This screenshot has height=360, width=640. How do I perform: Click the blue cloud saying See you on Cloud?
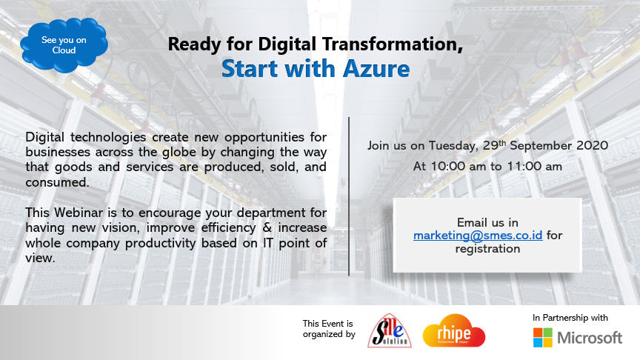click(x=64, y=45)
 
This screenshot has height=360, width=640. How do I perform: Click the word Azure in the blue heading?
click(x=376, y=69)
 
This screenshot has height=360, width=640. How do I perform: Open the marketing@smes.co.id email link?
click(x=478, y=236)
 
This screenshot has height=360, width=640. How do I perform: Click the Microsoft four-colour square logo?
click(x=542, y=338)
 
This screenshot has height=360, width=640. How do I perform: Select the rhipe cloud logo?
click(x=454, y=331)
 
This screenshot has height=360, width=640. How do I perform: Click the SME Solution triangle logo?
click(x=390, y=331)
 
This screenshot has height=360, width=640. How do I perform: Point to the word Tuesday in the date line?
click(x=453, y=146)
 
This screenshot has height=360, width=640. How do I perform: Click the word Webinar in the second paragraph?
click(x=79, y=213)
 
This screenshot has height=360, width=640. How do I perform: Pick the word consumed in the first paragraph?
click(x=57, y=182)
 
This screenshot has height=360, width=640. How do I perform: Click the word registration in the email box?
click(x=487, y=249)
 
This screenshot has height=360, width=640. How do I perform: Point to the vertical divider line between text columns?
click(x=349, y=196)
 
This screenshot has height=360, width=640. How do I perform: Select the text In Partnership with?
click(x=570, y=318)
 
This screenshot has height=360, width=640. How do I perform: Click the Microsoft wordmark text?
click(x=590, y=338)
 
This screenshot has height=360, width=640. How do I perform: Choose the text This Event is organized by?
click(x=329, y=329)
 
